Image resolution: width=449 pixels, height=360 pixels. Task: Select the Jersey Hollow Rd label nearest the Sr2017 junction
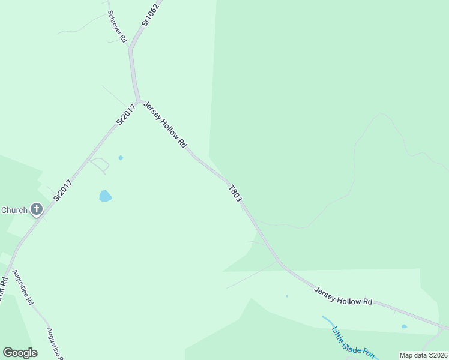pyautogui.click(x=166, y=125)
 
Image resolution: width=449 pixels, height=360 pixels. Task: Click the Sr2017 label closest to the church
pyautogui.click(x=63, y=190)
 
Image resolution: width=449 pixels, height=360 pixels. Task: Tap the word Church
pyautogui.click(x=14, y=210)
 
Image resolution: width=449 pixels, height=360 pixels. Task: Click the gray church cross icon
pyautogui.click(x=37, y=209)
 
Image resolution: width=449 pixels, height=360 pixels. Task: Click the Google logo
pyautogui.click(x=20, y=352)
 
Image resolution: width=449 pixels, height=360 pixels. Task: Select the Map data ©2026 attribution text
pyautogui.click(x=424, y=355)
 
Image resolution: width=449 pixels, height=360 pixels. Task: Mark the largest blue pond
pyautogui.click(x=105, y=196)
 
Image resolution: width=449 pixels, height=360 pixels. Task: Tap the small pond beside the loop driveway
pyautogui.click(x=121, y=158)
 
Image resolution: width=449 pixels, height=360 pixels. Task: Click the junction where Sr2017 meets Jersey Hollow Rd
pyautogui.click(x=138, y=100)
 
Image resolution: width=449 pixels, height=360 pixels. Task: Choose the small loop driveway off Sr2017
pyautogui.click(x=100, y=164)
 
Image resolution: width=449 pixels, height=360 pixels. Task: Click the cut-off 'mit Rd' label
pyautogui.click(x=3, y=287)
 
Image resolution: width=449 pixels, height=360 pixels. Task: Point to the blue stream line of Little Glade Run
pyautogui.click(x=328, y=321)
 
